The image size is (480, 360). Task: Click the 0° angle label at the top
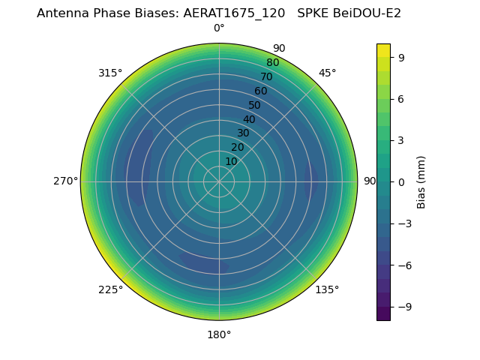219,28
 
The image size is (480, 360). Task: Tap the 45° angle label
327,73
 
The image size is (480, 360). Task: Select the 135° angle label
327,290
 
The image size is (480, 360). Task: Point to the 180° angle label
219,334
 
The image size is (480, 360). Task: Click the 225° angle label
110,290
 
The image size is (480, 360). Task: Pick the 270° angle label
65,181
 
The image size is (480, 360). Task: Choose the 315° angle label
110,73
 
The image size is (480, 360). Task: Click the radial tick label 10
231,161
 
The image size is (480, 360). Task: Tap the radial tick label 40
249,119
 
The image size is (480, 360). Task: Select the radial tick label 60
260,91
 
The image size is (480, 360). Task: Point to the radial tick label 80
272,63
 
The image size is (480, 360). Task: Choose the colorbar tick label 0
402,181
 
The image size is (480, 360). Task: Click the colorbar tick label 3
402,140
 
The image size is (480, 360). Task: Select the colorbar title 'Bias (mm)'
421,181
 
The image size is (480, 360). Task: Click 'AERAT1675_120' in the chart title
229,13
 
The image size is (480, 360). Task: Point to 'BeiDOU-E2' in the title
367,13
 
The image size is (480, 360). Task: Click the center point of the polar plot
219,181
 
